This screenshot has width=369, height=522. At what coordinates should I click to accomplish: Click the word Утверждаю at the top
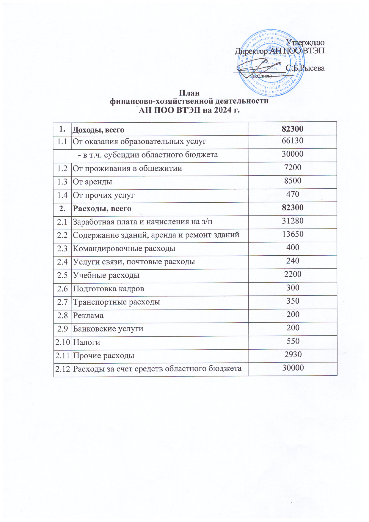[305, 43]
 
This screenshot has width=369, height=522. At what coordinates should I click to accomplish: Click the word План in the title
[189, 93]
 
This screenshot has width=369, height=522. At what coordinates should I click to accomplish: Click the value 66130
[293, 140]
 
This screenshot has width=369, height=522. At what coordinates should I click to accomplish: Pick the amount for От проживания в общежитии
[293, 167]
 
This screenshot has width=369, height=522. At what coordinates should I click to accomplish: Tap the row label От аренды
[92, 182]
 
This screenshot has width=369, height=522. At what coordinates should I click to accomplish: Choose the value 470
[293, 194]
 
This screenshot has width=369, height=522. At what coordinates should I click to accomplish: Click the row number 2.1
[62, 222]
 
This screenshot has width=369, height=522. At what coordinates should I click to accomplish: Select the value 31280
[293, 221]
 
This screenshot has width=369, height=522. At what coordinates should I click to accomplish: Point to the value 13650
[293, 234]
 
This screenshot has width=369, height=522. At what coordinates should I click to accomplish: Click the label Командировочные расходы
[124, 248]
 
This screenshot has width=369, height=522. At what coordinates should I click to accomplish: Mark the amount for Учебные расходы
[293, 274]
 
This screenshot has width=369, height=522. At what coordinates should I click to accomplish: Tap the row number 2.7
[62, 302]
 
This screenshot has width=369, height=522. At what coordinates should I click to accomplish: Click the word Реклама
[88, 315]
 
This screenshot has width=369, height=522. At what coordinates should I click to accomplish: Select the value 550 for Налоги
[293, 341]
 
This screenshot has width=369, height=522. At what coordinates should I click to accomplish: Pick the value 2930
[293, 354]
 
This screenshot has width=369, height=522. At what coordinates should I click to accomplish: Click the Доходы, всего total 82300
[293, 129]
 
